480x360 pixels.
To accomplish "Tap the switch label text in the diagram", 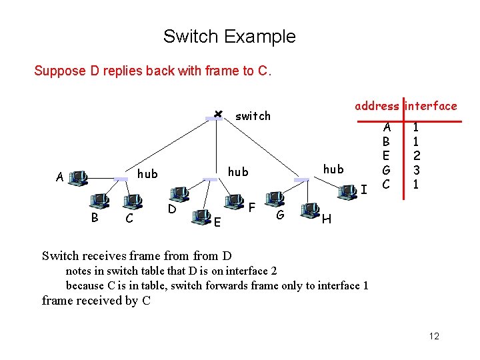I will (253, 116).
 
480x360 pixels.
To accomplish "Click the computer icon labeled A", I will (78, 177).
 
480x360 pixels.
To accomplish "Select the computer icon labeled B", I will (101, 199).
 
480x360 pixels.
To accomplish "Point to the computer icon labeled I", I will (347, 192).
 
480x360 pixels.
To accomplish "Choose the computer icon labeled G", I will (273, 199).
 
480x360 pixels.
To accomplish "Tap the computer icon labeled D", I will (179, 194).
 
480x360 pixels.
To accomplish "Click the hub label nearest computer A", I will (147, 174).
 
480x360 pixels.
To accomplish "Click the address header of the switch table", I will (377, 106).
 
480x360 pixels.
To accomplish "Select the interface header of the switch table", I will (431, 106).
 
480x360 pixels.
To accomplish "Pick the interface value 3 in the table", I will (416, 171).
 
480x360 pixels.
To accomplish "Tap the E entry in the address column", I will (385, 156).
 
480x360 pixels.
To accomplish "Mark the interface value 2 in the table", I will (416, 156).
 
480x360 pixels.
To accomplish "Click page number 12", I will (434, 336).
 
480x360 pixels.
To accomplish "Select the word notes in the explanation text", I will (79, 271).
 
